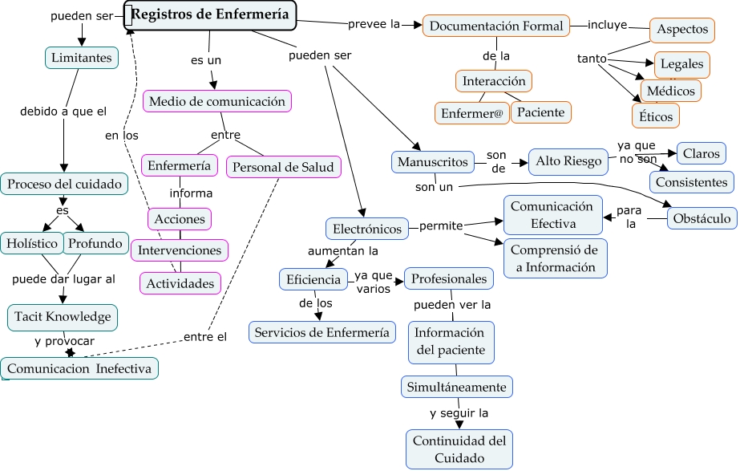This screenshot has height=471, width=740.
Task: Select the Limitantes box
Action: pyautogui.click(x=81, y=58)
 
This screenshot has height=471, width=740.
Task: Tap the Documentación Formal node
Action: pyautogui.click(x=496, y=26)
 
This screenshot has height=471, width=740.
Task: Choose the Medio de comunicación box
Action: pyautogui.click(x=217, y=102)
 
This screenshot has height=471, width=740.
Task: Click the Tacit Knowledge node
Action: pyautogui.click(x=63, y=317)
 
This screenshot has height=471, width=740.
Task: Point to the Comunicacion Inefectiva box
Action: pyautogui.click(x=79, y=369)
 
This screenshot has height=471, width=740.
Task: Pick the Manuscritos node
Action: pyautogui.click(x=432, y=162)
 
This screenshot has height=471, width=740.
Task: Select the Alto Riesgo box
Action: pyautogui.click(x=568, y=162)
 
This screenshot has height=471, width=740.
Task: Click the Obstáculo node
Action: pyautogui.click(x=702, y=218)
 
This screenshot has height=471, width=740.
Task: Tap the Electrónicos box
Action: pyautogui.click(x=367, y=229)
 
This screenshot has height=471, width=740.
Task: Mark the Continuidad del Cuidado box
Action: pyautogui.click(x=459, y=449)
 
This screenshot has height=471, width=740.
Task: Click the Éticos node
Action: pyautogui.click(x=656, y=116)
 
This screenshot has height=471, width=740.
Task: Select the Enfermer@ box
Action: pyautogui.click(x=471, y=113)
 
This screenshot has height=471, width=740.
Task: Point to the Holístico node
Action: pyautogui.click(x=32, y=243)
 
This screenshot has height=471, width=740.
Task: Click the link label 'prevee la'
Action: pyautogui.click(x=374, y=24)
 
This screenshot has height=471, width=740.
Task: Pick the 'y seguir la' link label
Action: pyautogui.click(x=459, y=413)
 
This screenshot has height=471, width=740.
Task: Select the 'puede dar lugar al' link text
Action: pyautogui.click(x=64, y=280)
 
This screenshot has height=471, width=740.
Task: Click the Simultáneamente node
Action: pyautogui.click(x=456, y=388)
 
